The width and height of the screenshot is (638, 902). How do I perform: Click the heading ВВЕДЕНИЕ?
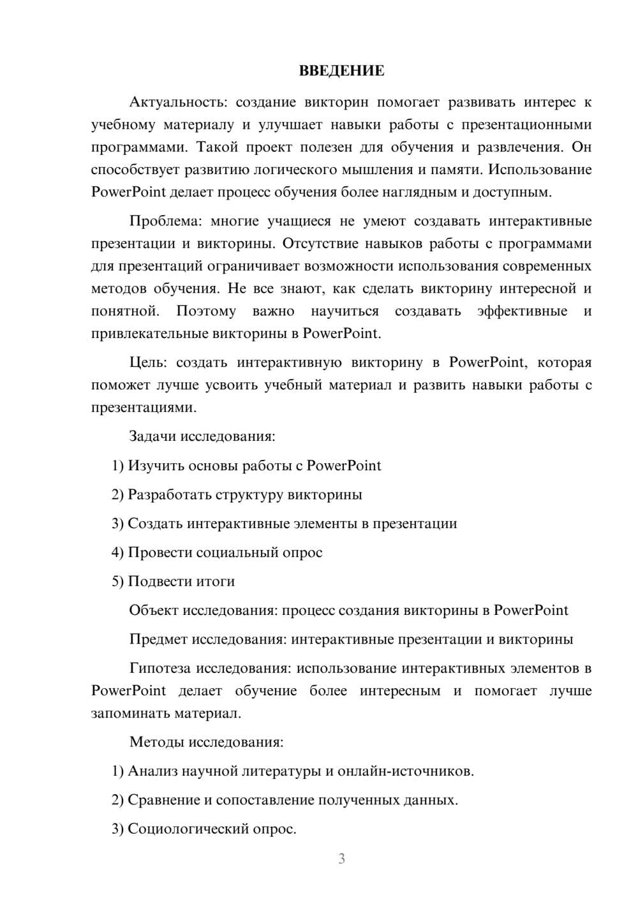click(341, 71)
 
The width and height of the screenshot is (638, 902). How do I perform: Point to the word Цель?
click(147, 363)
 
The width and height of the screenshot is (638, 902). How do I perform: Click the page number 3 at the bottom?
click(341, 859)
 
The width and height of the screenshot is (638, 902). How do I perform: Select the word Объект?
click(153, 610)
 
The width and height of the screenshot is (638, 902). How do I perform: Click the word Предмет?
click(158, 639)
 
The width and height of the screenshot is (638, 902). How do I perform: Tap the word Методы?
click(155, 742)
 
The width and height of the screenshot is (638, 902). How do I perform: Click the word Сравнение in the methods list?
click(163, 800)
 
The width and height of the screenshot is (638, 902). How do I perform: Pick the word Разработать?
click(170, 495)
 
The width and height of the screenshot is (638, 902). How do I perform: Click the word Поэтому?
click(206, 311)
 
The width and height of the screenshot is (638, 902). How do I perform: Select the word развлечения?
click(521, 147)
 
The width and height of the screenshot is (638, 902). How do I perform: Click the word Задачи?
click(152, 437)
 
